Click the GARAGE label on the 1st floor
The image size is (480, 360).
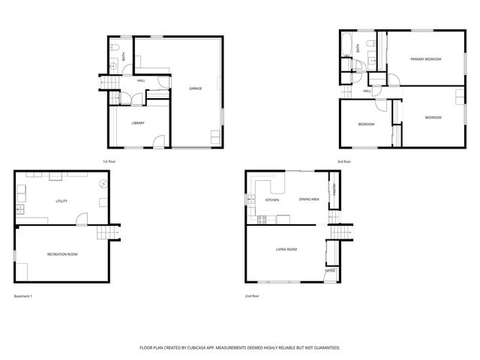click(x=195, y=88)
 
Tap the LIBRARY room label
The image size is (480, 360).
click(x=138, y=123)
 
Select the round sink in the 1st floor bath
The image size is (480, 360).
click(x=113, y=67)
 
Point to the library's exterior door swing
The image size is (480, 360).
click(x=158, y=141)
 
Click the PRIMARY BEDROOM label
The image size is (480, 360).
click(x=425, y=58)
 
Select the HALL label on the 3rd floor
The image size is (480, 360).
click(x=367, y=91)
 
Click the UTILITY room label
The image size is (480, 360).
click(x=61, y=201)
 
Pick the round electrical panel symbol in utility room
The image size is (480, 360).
click(x=104, y=183)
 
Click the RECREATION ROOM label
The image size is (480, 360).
click(x=62, y=254)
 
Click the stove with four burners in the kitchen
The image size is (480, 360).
click(x=262, y=219)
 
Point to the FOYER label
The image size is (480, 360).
click(x=330, y=269)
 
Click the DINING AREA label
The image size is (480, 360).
click(x=309, y=199)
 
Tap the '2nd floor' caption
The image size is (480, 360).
click(x=253, y=296)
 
